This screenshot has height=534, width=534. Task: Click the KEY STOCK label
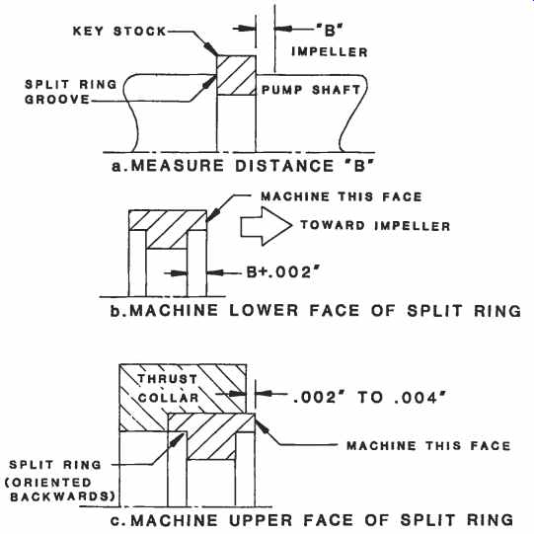[x=119, y=31]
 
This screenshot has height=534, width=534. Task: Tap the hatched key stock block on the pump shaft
[x=236, y=75]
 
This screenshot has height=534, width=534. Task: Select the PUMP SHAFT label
[x=311, y=90]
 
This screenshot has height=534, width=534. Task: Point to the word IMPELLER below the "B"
[x=330, y=51]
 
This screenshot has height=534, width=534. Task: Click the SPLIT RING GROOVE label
[x=71, y=92]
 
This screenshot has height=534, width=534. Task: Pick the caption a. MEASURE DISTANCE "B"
[x=243, y=166]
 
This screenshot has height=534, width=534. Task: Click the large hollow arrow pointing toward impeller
[x=266, y=226]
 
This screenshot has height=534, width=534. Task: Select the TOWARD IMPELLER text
[x=375, y=225]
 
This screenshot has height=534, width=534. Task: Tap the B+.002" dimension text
[x=284, y=272]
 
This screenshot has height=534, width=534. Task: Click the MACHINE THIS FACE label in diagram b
[x=342, y=196]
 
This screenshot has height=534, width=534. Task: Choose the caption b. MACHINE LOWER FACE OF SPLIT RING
[x=315, y=311]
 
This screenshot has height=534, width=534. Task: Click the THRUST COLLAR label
[x=168, y=388]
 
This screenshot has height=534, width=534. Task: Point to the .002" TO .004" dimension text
[x=369, y=397]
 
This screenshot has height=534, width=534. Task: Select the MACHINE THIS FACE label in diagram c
[x=428, y=445]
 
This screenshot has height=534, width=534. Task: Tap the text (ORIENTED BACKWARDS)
[x=60, y=490]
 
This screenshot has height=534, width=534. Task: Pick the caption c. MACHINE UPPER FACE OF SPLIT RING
[x=312, y=520]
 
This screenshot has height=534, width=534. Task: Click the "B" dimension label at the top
[x=330, y=31]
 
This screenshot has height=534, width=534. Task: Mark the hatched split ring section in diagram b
[x=168, y=229]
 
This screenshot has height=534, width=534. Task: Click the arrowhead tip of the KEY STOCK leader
[x=217, y=55]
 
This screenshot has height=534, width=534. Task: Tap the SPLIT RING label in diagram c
[x=55, y=465]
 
